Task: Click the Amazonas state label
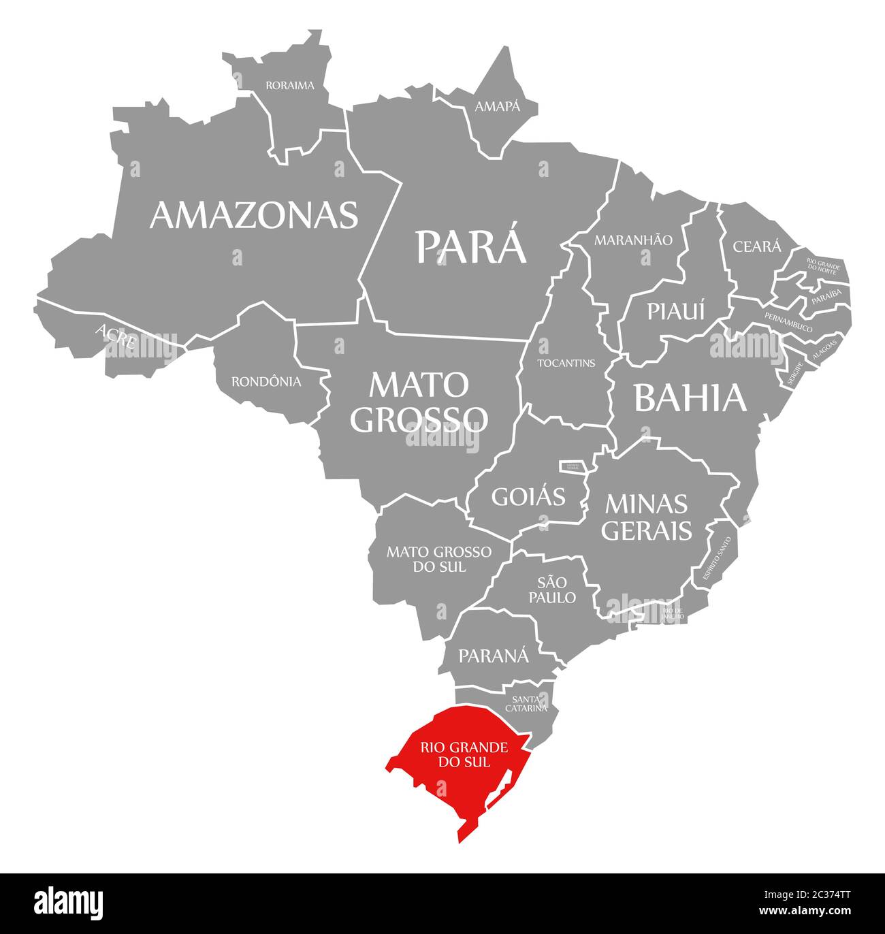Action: tap(254, 214)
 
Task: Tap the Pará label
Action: tap(471, 246)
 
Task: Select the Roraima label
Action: tap(290, 86)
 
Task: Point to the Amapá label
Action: tap(497, 106)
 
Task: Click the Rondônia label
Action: tap(266, 382)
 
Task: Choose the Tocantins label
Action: tap(566, 363)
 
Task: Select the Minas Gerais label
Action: tap(646, 517)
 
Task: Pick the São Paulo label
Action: tap(556, 590)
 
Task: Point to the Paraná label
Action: tap(493, 656)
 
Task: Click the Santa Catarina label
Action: tap(526, 703)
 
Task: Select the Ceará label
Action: tap(757, 246)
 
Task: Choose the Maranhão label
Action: tap(633, 240)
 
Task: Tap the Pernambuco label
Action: tap(788, 323)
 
